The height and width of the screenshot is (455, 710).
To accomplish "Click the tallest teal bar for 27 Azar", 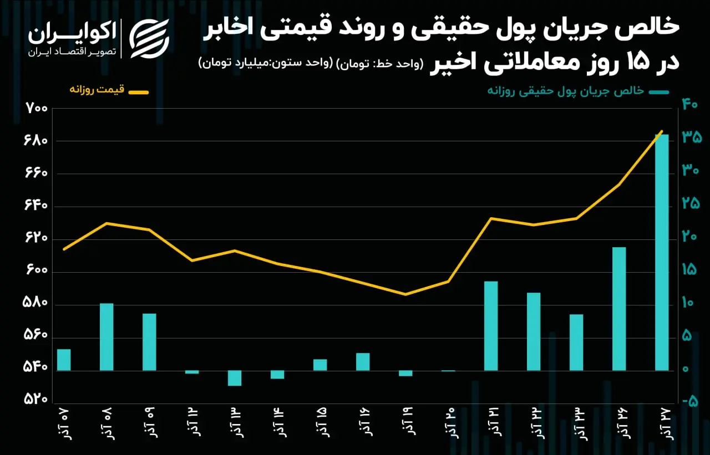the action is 662,252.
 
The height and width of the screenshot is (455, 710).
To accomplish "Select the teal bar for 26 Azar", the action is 619,309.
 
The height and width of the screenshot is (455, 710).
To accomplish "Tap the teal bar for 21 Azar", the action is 491,326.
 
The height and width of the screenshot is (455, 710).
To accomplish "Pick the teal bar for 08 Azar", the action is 106,337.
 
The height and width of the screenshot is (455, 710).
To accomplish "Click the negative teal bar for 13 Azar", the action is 235,378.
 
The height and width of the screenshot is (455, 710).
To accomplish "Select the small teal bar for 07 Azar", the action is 64,360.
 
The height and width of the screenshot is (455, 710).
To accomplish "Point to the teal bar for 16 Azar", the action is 363,361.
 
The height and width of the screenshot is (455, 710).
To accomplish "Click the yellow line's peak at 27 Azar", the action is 662,131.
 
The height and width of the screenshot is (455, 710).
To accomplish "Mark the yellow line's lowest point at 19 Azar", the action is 405,294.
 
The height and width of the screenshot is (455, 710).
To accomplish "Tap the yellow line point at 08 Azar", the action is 106,223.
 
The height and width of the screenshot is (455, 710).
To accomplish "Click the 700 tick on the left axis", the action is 36,109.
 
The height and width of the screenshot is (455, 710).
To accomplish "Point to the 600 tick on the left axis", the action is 36,270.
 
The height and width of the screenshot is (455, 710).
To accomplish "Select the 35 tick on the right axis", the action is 692,137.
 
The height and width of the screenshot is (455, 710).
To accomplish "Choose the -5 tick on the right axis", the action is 690,402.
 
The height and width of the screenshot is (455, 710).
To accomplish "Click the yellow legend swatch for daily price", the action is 138,93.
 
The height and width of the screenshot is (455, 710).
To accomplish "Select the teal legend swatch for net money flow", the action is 658,92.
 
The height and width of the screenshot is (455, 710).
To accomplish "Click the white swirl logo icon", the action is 149,39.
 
